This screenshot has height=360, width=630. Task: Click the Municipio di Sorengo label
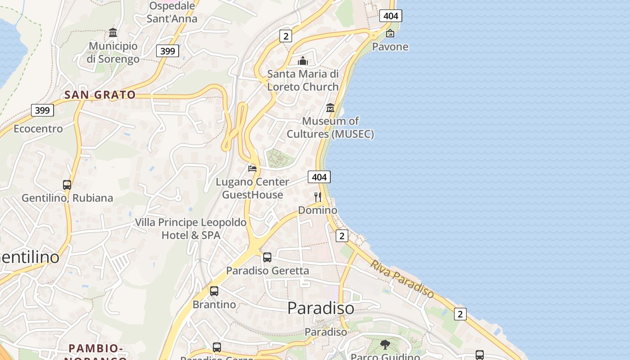click(113, 52)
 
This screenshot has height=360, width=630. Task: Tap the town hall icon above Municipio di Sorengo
click(113, 33)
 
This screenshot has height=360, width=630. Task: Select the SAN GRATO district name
click(100, 95)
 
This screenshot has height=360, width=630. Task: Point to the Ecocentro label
click(38, 129)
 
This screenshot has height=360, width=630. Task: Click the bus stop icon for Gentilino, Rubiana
click(67, 185)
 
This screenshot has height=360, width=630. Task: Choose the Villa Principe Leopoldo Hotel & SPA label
click(191, 229)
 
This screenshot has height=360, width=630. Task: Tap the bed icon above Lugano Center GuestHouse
click(252, 168)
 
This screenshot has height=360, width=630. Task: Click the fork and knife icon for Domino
click(318, 197)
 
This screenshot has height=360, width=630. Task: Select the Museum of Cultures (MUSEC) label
click(330, 127)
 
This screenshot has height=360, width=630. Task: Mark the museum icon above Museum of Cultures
click(330, 108)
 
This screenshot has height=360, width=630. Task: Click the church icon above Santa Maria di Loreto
click(303, 61)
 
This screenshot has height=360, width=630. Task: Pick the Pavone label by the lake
click(390, 47)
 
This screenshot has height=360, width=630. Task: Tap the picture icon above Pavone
click(390, 33)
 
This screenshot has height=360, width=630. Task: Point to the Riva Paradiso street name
click(402, 279)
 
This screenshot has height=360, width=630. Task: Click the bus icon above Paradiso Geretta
click(267, 257)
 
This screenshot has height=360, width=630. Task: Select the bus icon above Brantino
click(214, 291)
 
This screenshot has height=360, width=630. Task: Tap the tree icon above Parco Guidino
click(385, 345)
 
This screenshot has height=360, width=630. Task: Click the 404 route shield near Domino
click(319, 177)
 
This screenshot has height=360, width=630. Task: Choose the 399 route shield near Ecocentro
click(42, 110)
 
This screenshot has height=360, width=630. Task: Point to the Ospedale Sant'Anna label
click(172, 12)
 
